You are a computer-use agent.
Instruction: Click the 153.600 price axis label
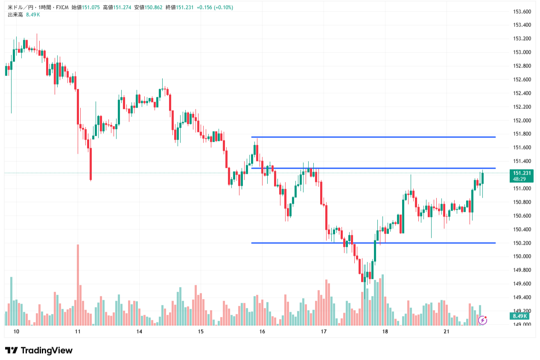(521, 12)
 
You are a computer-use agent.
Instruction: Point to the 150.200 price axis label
(521, 243)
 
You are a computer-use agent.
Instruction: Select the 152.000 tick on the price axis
(521, 120)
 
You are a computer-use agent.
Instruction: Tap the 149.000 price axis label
(521, 325)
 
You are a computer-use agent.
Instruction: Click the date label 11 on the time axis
(78, 332)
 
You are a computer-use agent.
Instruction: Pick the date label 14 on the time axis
(139, 332)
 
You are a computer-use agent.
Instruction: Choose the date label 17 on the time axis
(324, 332)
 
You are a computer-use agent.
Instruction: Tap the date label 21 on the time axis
(447, 332)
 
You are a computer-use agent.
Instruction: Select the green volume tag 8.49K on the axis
(520, 316)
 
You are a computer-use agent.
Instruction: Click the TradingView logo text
(39, 351)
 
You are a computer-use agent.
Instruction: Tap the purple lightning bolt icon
(482, 320)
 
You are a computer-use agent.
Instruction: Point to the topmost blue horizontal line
(374, 137)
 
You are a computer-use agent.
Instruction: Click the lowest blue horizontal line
(374, 243)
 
